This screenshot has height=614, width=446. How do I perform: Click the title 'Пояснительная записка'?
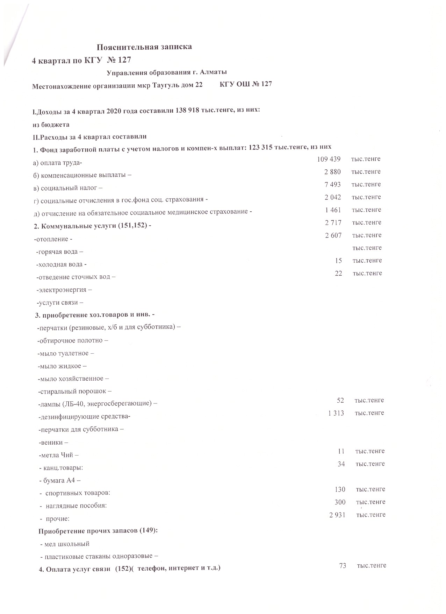pos(144,47)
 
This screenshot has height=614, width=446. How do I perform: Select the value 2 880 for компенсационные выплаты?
pos(332,172)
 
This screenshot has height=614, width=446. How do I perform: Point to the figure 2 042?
pos(333,197)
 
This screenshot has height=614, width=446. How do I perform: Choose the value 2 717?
pos(333,223)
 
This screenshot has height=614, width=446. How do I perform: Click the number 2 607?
pos(333,235)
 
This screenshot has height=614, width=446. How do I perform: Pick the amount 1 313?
pos(336,413)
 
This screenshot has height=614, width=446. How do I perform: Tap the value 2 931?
pos(337,515)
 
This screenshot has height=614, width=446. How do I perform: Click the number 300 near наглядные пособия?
pos(340,502)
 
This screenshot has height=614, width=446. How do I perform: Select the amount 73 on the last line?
pos(343,565)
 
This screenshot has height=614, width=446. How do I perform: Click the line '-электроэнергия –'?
pos(64,290)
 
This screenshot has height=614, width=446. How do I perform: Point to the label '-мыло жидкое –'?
pos(62,366)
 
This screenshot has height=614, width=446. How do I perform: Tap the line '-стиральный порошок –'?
pos(74,391)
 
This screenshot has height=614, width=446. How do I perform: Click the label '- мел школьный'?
pos(65,544)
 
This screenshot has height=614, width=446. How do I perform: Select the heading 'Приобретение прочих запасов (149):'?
pos(98,531)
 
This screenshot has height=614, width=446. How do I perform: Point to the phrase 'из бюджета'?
pos(51,125)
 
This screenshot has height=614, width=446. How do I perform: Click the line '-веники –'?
pos(51,443)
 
